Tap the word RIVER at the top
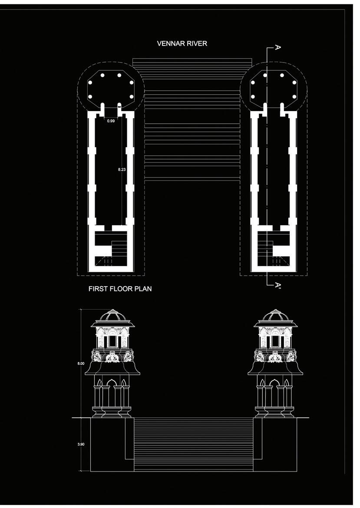(198, 44)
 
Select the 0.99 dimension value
(111, 121)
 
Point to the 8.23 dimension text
(122, 169)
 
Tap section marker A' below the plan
(278, 285)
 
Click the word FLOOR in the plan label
(123, 288)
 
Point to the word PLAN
(144, 288)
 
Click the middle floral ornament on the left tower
(112, 357)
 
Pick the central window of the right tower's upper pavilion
(274, 340)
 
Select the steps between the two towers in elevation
(193, 443)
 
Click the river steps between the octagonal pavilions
(192, 122)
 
